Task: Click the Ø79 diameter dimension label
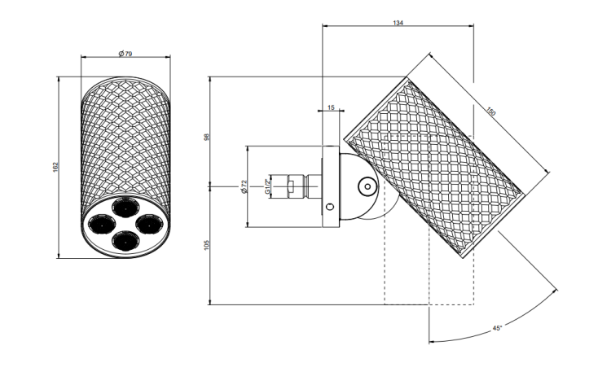[125, 54]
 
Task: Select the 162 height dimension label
[55, 167]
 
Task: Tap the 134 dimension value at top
[398, 23]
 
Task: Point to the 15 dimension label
[331, 107]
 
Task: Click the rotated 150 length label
[491, 112]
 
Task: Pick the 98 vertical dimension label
[207, 137]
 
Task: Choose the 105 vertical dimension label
[207, 245]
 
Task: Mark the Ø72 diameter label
[244, 186]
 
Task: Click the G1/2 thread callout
[267, 186]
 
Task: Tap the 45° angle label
[497, 328]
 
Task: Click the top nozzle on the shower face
[125, 208]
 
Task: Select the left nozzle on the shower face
[102, 225]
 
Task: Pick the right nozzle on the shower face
[148, 224]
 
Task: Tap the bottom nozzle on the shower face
[125, 240]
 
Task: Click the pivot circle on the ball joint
[367, 186]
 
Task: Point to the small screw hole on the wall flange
[331, 206]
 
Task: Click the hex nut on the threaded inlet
[292, 186]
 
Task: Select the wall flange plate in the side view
[331, 186]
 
